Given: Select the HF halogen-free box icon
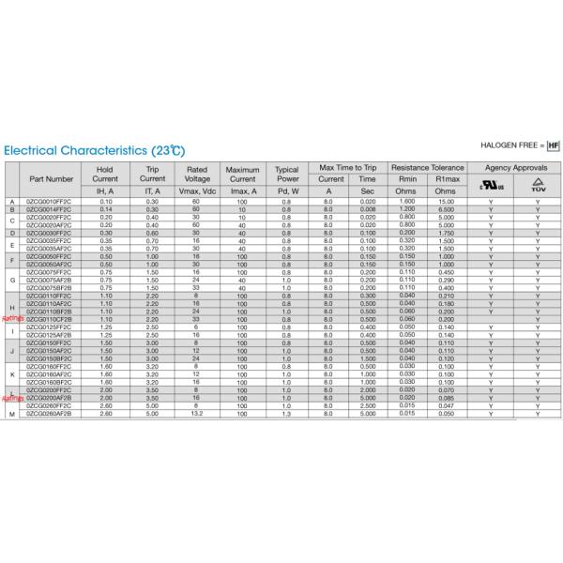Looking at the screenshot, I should tap(553, 146).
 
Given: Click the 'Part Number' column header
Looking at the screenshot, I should tap(52, 177).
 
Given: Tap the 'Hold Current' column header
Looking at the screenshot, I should tap(106, 174).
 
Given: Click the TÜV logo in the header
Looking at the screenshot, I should tap(538, 185).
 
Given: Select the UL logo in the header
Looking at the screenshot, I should tap(492, 185).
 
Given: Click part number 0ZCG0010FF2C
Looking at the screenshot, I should tap(52, 202).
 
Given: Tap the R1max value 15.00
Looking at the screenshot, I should tap(446, 202).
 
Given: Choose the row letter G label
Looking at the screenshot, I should tap(12, 280).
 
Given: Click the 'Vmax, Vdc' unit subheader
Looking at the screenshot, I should tap(197, 190).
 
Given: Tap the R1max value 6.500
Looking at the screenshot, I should tap(446, 209).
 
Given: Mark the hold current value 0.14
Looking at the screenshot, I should tap(106, 209).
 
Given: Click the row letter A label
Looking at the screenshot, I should tap(12, 202).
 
